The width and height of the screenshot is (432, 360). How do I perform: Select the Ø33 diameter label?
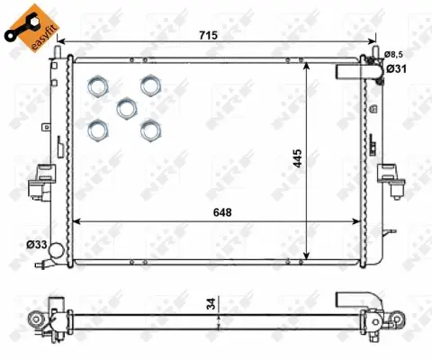[36, 244]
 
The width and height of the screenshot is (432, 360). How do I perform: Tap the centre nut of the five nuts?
[126, 107]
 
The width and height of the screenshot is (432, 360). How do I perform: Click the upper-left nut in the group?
[97, 86]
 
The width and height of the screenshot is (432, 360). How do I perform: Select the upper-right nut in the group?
[148, 85]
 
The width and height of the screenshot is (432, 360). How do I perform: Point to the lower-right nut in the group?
[148, 129]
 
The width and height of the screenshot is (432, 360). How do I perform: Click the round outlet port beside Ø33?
[57, 251]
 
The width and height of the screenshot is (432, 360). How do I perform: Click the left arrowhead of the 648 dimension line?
[75, 221]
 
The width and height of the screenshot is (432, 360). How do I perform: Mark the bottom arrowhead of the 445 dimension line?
[310, 256]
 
